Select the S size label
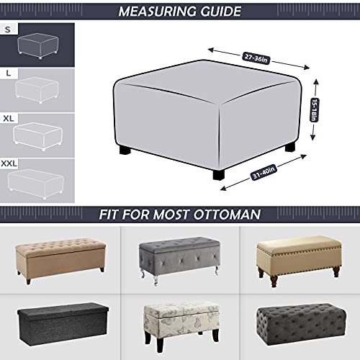click(x=7, y=30)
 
